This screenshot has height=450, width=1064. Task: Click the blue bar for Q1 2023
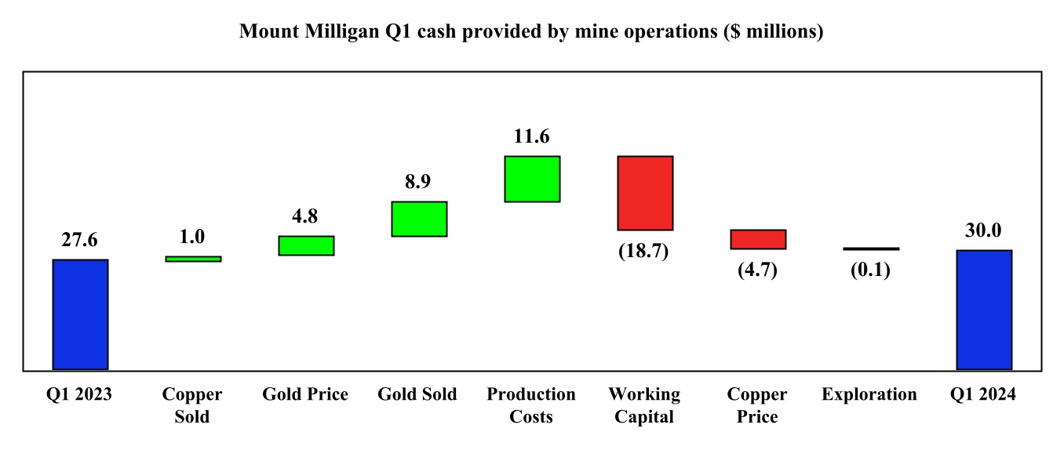pos(80,314)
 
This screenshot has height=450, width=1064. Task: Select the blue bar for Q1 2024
pos(984,310)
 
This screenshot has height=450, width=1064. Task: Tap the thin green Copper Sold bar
pos(193,259)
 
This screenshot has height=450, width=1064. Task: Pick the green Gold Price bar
pos(306,245)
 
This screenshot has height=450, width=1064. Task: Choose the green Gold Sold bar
pos(419,219)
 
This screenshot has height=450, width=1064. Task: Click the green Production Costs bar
pos(532,179)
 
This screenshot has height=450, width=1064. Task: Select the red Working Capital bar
pos(645,193)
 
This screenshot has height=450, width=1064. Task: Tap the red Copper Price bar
pos(758,239)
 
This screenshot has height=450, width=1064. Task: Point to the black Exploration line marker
pos(871,249)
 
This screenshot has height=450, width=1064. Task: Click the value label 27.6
pos(80,241)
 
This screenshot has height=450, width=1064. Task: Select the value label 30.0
pos(984,231)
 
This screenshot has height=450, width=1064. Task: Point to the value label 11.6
pos(532,136)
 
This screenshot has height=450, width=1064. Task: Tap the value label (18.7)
pos(645,252)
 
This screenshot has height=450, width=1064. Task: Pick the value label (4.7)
pos(758,271)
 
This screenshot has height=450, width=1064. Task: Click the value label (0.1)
pos(871,270)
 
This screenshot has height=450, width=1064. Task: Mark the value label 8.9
pos(419,182)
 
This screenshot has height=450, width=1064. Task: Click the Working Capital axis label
pos(645,405)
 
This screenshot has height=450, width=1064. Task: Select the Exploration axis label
pos(869,394)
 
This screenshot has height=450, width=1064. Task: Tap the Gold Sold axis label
pos(417,394)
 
